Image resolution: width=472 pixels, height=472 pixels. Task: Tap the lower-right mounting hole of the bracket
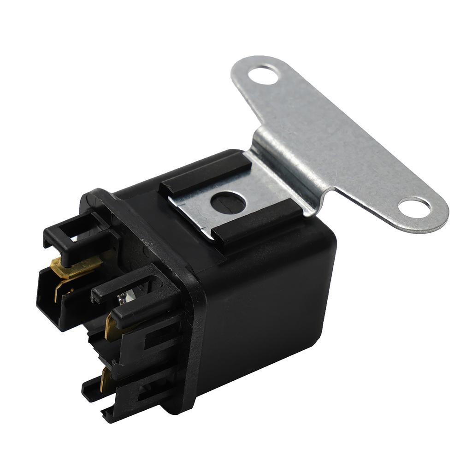tap(414, 207)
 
